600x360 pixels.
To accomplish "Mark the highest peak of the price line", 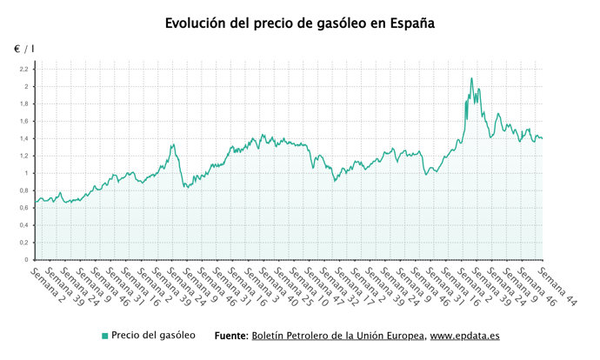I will pos(471,78).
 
